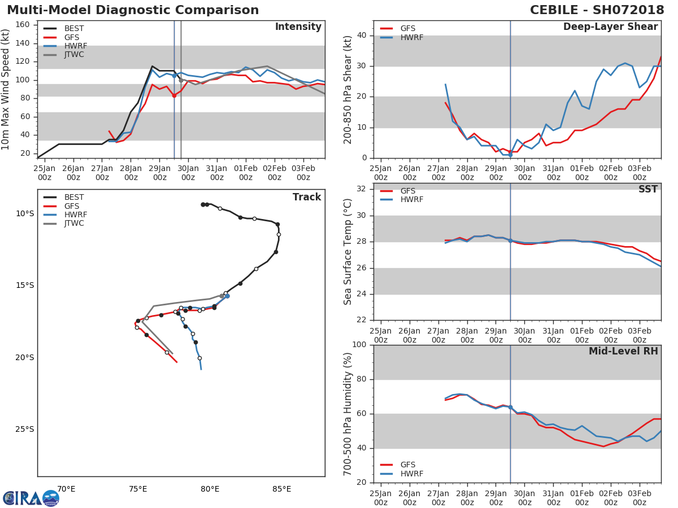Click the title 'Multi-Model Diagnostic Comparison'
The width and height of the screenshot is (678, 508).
tap(133, 10)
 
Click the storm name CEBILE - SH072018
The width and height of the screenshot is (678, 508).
tap(597, 10)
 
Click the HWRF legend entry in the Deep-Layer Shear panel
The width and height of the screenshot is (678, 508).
tap(402, 37)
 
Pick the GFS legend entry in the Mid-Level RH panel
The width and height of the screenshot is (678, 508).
tap(398, 465)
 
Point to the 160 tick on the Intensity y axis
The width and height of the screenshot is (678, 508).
tap(23, 25)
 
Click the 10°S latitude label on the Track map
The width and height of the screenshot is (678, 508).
tap(25, 213)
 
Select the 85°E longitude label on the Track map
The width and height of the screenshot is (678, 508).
tap(282, 489)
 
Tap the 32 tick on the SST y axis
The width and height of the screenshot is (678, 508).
tap(362, 189)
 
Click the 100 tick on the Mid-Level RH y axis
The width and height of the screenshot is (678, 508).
tap(359, 344)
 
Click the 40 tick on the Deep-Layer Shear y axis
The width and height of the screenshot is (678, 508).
tap(362, 35)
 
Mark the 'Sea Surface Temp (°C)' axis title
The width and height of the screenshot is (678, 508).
tap(347, 252)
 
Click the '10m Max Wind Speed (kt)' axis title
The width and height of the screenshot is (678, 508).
tap(5, 89)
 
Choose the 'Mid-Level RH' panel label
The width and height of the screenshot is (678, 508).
tap(623, 351)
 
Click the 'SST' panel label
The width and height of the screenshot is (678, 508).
tap(648, 189)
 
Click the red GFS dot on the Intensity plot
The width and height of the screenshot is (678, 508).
tap(174, 95)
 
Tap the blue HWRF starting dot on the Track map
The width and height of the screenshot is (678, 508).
tap(227, 296)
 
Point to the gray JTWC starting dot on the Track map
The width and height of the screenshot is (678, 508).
tap(222, 296)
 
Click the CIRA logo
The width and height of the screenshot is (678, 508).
tap(31, 498)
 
